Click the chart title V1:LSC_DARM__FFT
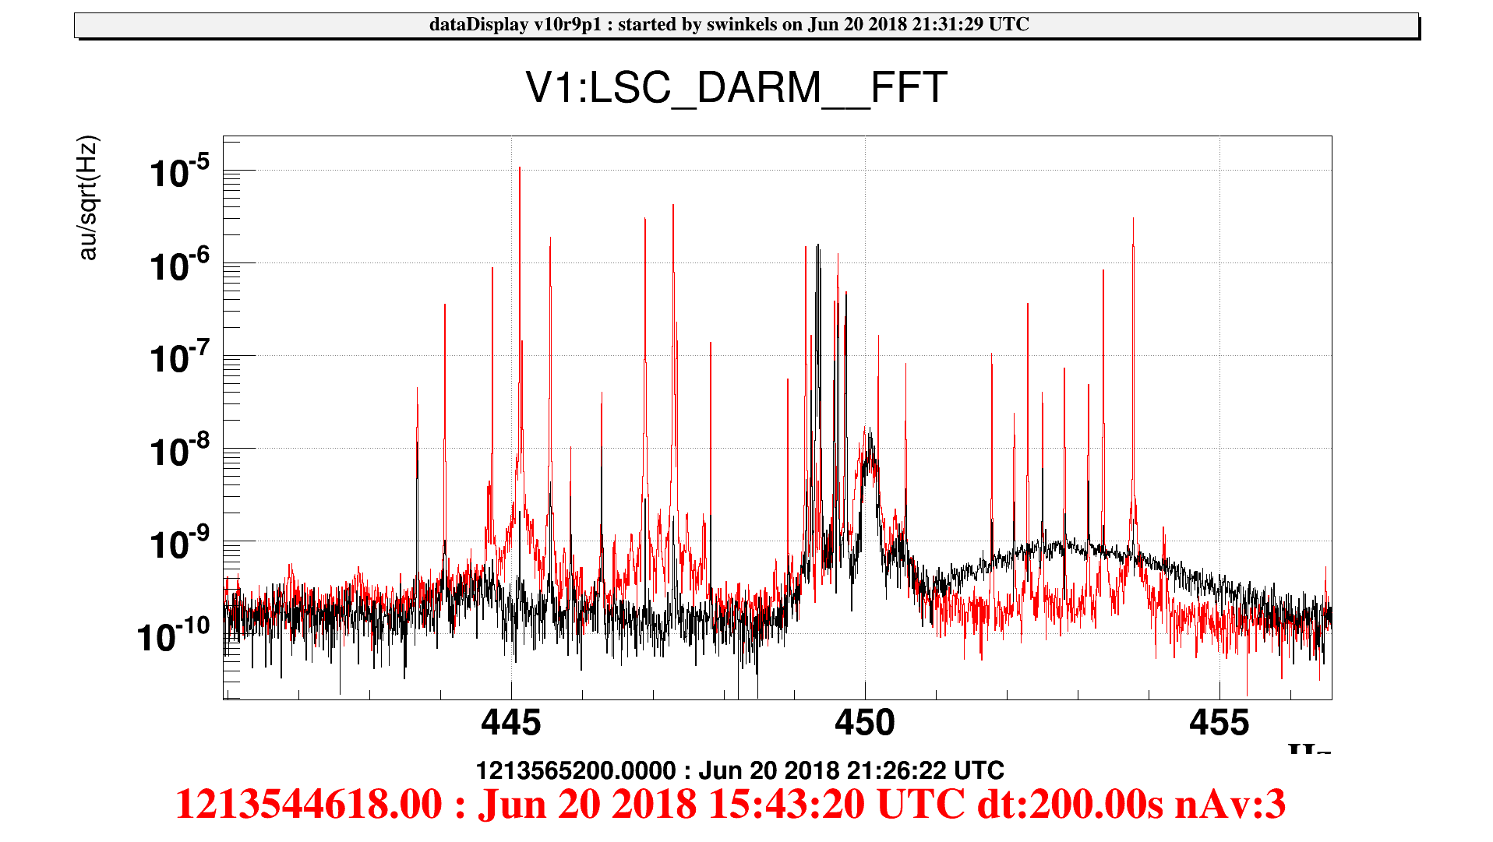(x=736, y=87)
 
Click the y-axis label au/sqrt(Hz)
(x=88, y=198)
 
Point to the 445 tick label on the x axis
(x=510, y=724)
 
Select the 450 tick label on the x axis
(x=864, y=724)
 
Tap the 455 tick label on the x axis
(x=1219, y=724)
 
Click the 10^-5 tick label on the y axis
(x=179, y=172)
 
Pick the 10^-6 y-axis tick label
(x=179, y=266)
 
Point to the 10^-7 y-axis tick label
(x=179, y=358)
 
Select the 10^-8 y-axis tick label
(x=179, y=451)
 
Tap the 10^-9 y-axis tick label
(x=179, y=544)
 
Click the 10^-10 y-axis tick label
(x=173, y=636)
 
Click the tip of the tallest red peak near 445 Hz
(x=520, y=168)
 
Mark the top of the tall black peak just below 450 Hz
(x=817, y=246)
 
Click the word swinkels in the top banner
(x=741, y=25)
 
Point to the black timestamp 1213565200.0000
(x=575, y=771)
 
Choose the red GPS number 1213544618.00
(x=309, y=804)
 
